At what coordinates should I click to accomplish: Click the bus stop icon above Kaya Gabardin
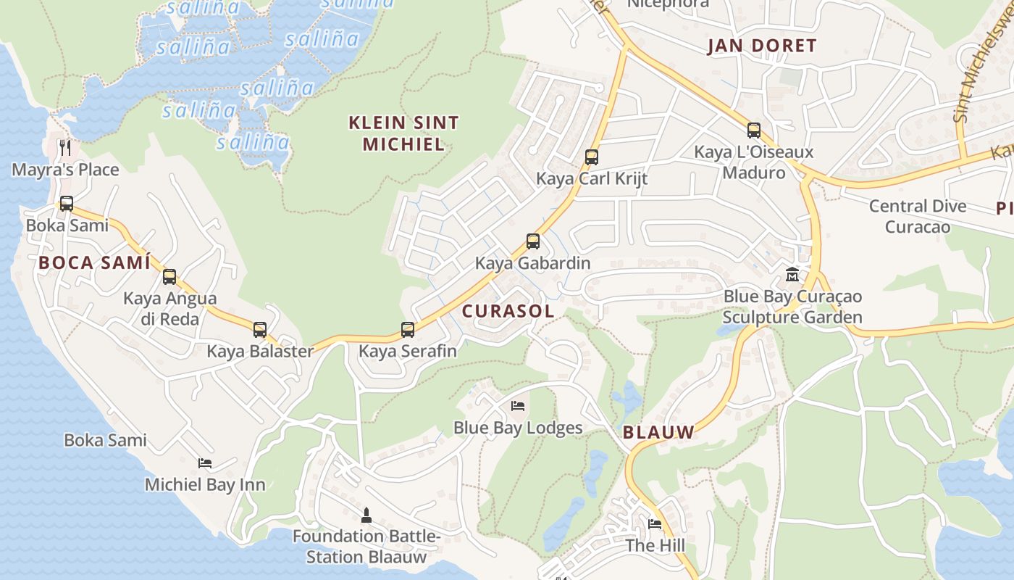[533, 241]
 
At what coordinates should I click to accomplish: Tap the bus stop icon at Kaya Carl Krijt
[592, 157]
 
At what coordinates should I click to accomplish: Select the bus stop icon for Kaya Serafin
[408, 330]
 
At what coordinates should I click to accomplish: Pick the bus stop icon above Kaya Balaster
[260, 330]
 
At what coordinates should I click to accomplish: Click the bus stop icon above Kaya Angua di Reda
[169, 276]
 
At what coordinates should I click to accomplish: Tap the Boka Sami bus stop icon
[67, 204]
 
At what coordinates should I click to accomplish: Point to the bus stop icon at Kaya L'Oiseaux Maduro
[754, 130]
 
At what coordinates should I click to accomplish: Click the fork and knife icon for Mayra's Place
[66, 148]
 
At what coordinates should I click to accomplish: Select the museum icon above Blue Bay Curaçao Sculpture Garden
[792, 275]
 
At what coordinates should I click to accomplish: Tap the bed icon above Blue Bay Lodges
[518, 405]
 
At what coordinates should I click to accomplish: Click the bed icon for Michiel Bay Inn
[205, 463]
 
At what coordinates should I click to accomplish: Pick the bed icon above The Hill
[655, 523]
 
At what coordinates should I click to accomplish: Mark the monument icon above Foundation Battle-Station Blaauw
[366, 515]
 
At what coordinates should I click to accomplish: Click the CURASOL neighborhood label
[508, 311]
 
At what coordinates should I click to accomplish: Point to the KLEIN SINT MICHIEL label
[403, 133]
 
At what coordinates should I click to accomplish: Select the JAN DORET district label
[762, 46]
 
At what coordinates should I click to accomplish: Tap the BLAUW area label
[658, 432]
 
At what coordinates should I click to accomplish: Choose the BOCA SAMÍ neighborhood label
[95, 262]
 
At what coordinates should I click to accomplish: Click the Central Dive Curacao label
[918, 216]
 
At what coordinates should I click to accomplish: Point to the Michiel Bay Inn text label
[205, 484]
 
